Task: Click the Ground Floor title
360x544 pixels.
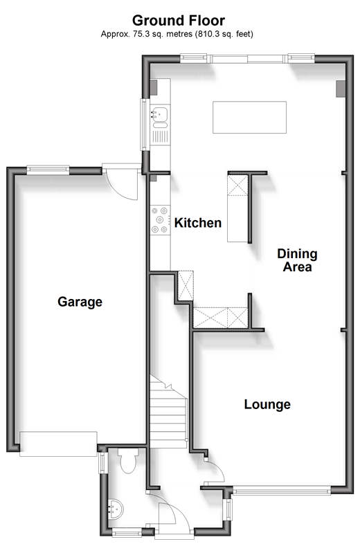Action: [179, 21]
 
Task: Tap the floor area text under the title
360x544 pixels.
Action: [177, 34]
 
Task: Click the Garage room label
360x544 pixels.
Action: [80, 302]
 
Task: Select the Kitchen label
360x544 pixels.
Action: [198, 223]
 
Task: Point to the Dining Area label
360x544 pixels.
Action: [297, 260]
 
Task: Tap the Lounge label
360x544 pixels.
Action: [267, 404]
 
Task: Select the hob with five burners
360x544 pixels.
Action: [160, 220]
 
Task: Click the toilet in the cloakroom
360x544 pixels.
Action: [128, 460]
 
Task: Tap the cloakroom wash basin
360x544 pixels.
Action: [115, 509]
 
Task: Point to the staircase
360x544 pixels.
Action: [168, 411]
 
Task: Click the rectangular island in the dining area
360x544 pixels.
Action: [250, 117]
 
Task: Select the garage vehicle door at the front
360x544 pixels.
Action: [58, 444]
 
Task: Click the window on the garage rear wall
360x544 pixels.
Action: [48, 169]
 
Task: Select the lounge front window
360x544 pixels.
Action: [282, 490]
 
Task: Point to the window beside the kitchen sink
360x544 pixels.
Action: [145, 125]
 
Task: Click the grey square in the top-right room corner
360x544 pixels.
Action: [341, 89]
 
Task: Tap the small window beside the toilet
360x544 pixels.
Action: [102, 463]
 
